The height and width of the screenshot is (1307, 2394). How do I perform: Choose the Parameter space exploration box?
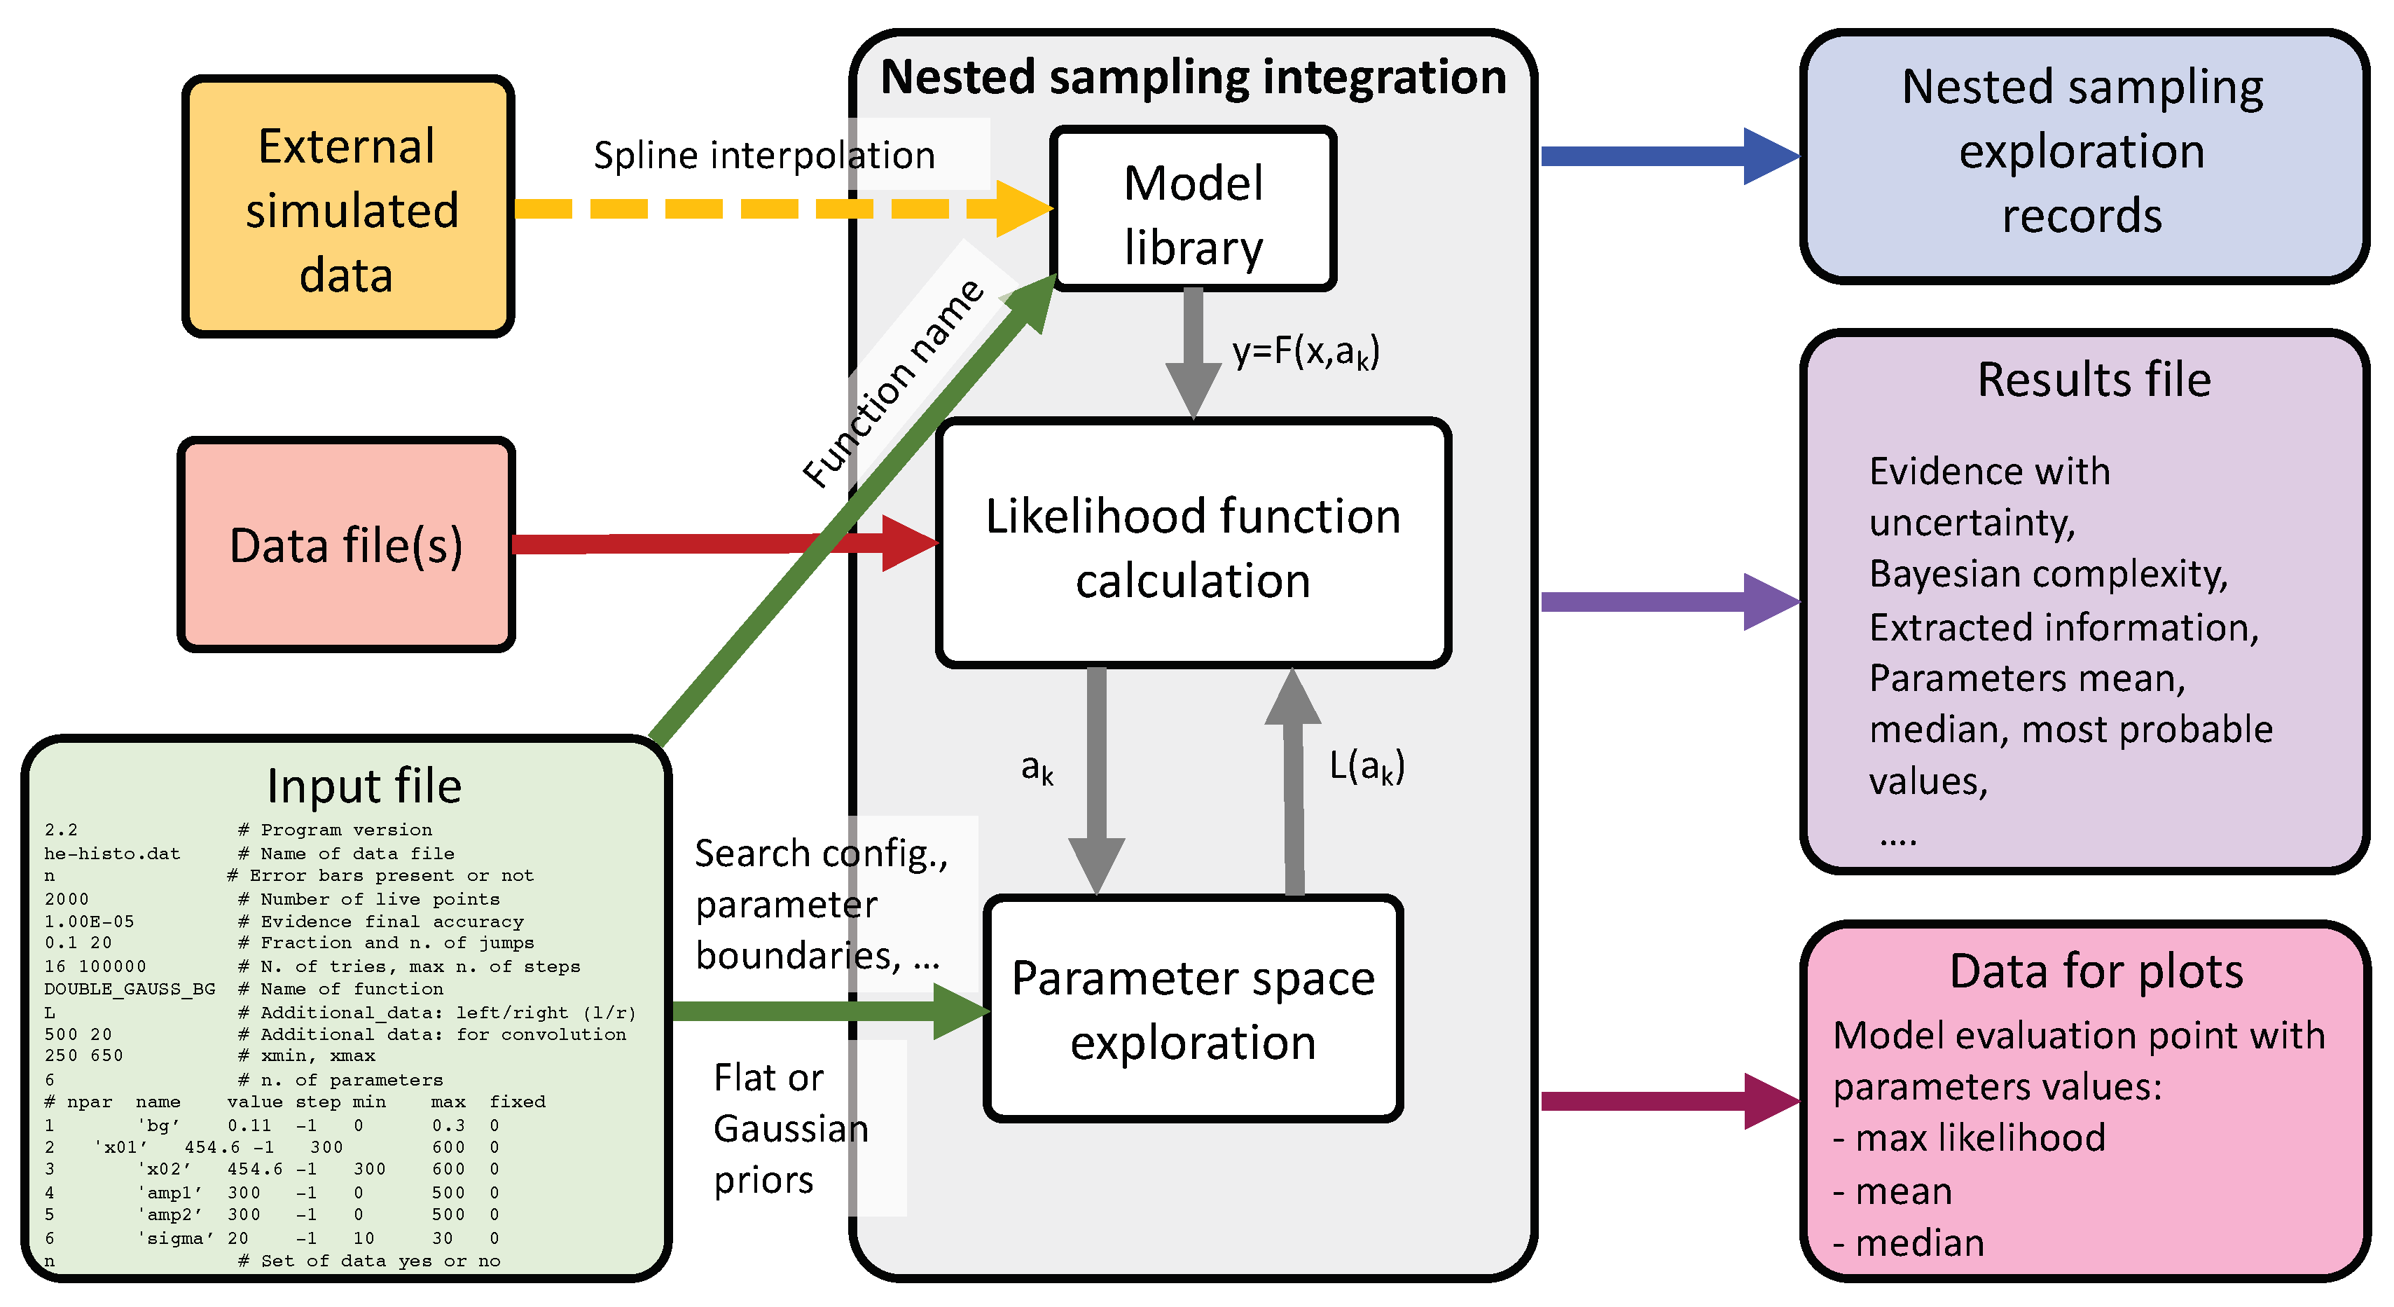click(x=1193, y=1010)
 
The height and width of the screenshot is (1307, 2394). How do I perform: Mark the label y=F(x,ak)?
click(x=1306, y=353)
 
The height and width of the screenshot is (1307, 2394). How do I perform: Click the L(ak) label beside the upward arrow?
click(x=1366, y=767)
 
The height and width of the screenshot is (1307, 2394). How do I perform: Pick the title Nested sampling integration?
click(x=1193, y=77)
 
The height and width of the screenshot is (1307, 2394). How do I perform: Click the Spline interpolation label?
click(x=764, y=156)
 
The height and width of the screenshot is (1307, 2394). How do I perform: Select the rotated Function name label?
click(x=892, y=383)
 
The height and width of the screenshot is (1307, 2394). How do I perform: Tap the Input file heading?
click(x=364, y=786)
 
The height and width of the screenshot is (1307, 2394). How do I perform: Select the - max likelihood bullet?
click(x=1970, y=1139)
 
